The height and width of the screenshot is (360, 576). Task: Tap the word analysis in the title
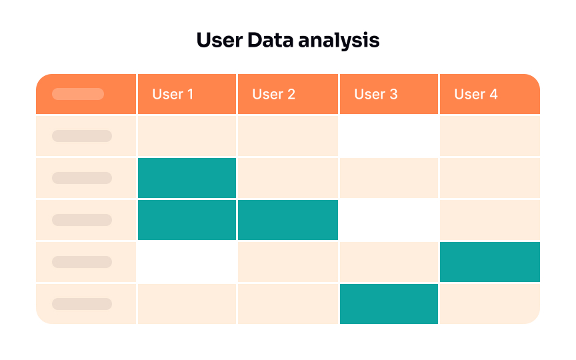[339, 41]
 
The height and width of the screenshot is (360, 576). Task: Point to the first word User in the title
[219, 41]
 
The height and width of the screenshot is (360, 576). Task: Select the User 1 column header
[173, 94]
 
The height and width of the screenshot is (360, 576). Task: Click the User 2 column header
[273, 94]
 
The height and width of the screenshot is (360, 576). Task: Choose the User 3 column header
[375, 94]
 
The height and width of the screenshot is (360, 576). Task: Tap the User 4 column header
[476, 94]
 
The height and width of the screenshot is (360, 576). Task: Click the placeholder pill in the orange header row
[78, 94]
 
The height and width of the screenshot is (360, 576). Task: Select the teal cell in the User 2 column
[288, 220]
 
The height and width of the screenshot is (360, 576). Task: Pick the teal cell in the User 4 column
[490, 262]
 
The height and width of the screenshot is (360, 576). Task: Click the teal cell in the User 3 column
[389, 304]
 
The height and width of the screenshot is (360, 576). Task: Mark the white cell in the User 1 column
[187, 262]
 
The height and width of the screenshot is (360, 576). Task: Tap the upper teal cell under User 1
[187, 178]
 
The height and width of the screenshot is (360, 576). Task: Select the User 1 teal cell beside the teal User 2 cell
[187, 220]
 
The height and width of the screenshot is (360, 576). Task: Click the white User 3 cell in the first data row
[389, 136]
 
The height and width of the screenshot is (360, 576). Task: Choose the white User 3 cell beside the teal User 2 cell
[389, 220]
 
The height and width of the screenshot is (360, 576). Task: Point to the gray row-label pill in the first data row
[82, 136]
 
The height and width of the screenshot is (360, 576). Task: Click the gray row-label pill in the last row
[82, 304]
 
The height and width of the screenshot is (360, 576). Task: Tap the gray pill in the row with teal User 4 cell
[82, 262]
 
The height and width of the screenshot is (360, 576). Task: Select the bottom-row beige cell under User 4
[490, 304]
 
